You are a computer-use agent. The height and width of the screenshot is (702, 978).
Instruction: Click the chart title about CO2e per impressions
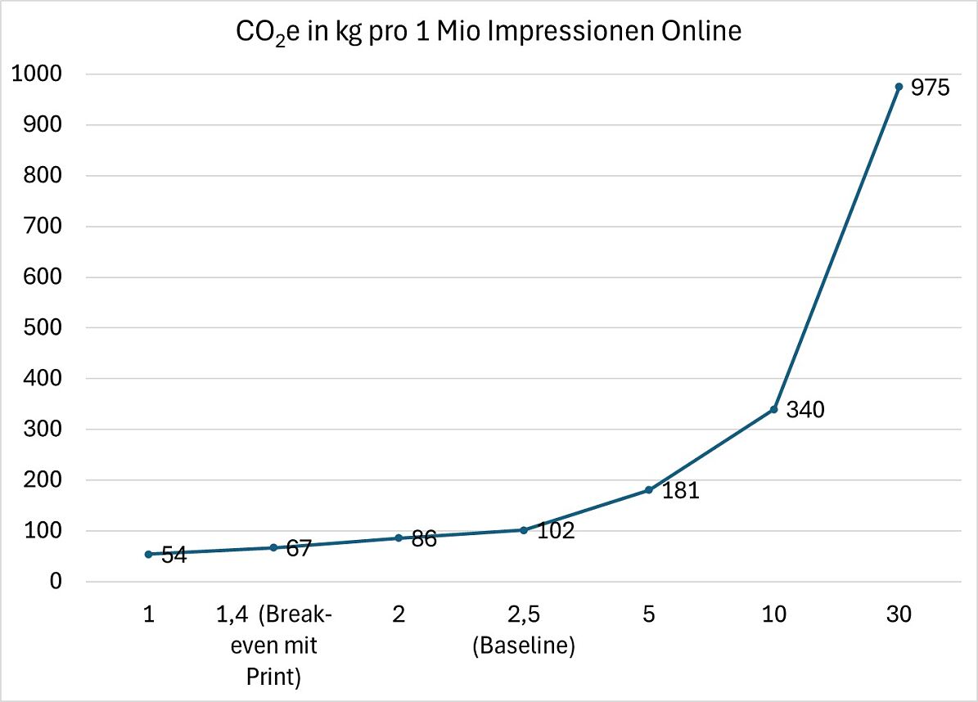(x=489, y=33)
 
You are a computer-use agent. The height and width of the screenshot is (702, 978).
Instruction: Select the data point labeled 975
(x=899, y=87)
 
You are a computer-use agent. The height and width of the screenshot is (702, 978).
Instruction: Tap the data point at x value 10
(x=773, y=409)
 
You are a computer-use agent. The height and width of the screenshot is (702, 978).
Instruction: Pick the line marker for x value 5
(x=648, y=490)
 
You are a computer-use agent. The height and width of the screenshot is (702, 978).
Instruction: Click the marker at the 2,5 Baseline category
(x=524, y=530)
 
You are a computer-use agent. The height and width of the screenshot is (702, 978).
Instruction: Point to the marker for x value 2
(x=399, y=538)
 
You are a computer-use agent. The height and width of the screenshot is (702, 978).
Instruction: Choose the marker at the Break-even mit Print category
(x=273, y=547)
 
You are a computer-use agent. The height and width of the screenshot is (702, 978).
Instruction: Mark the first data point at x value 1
(x=148, y=554)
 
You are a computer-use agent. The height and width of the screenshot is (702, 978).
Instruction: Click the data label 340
(x=804, y=410)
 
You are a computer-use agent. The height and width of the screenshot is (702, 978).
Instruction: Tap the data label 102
(x=556, y=530)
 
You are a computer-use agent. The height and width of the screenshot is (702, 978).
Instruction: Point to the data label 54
(x=173, y=556)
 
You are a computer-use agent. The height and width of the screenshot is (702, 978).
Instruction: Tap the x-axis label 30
(x=899, y=614)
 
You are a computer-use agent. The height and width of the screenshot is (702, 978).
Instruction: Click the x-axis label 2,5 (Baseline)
(x=524, y=630)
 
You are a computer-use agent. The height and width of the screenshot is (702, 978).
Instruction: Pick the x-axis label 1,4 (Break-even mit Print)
(x=274, y=646)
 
